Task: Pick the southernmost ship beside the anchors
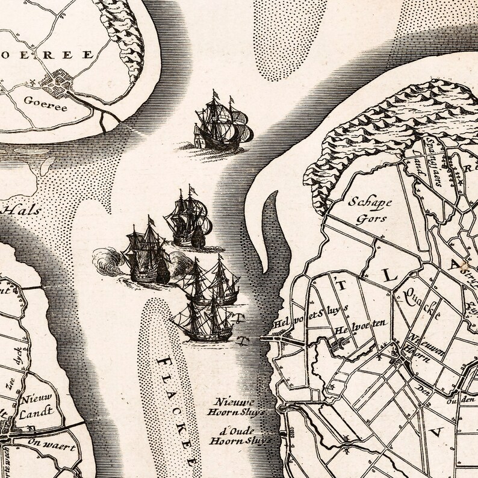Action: [203, 322]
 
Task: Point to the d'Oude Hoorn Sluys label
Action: [239, 435]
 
